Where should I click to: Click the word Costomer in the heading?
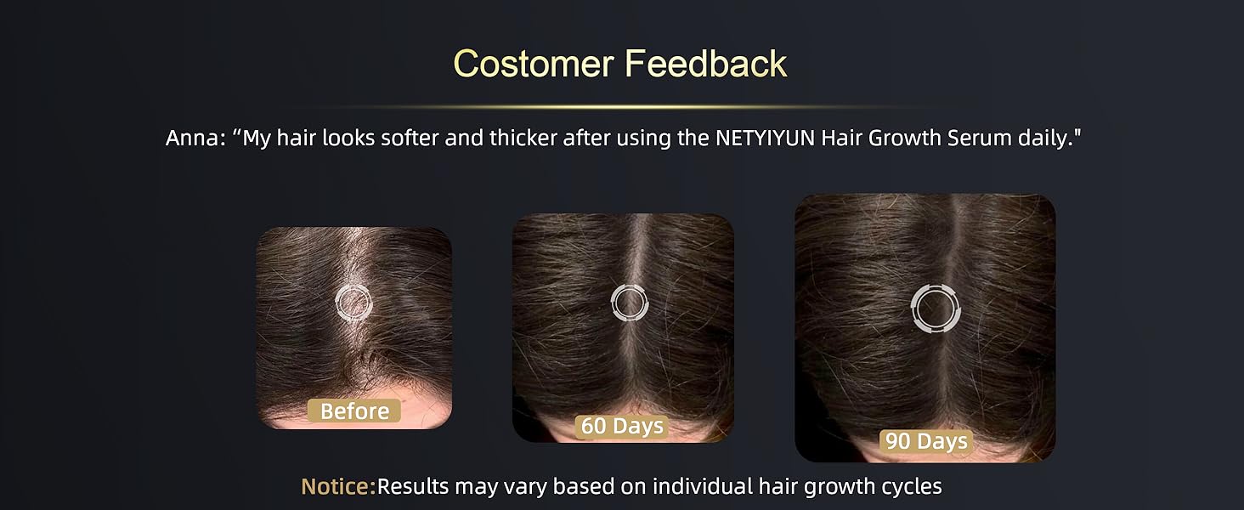[x=533, y=64]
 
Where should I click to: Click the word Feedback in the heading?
[x=707, y=64]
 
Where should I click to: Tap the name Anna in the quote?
[x=193, y=139]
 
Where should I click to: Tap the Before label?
[x=354, y=411]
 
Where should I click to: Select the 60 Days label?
[x=622, y=426]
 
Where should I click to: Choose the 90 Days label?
[x=925, y=441]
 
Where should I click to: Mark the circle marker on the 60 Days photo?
[x=629, y=303]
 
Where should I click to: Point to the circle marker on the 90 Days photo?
[x=934, y=308]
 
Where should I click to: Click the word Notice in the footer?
[x=336, y=487]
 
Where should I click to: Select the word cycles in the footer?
[x=910, y=487]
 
